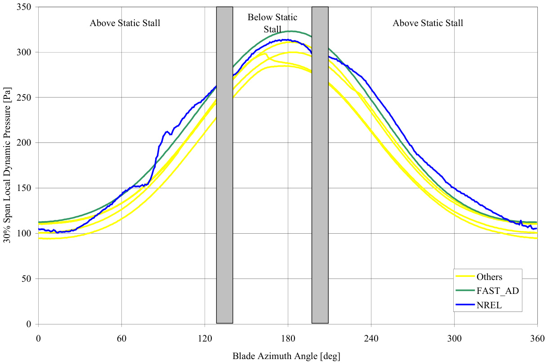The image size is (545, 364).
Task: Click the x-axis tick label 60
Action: [121, 338]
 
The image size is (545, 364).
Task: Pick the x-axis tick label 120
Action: [205, 338]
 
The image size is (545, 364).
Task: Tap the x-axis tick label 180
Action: [288, 338]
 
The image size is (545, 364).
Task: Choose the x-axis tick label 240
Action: [371, 338]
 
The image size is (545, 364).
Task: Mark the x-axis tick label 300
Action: [454, 338]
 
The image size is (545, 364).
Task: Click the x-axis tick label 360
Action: [537, 338]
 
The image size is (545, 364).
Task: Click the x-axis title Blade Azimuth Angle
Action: [286, 356]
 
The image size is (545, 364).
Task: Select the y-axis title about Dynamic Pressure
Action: [9, 166]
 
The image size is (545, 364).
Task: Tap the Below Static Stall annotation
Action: [272, 23]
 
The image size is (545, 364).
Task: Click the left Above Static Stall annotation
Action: [125, 23]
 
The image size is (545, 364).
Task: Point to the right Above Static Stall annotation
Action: [428, 23]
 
